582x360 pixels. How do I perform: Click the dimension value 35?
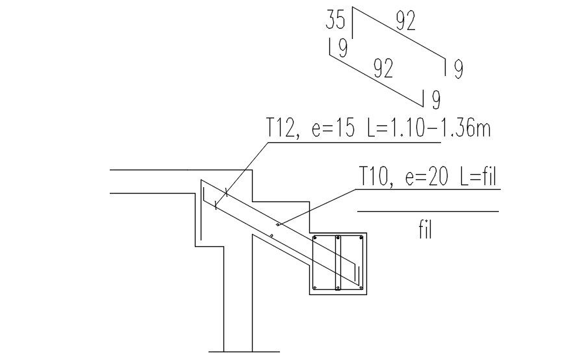[x=335, y=20]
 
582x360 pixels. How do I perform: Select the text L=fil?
[x=478, y=176]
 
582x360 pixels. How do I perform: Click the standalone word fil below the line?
[x=425, y=230]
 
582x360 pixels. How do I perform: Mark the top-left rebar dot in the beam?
[x=315, y=238]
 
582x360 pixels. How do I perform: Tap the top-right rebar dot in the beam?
[x=361, y=238]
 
